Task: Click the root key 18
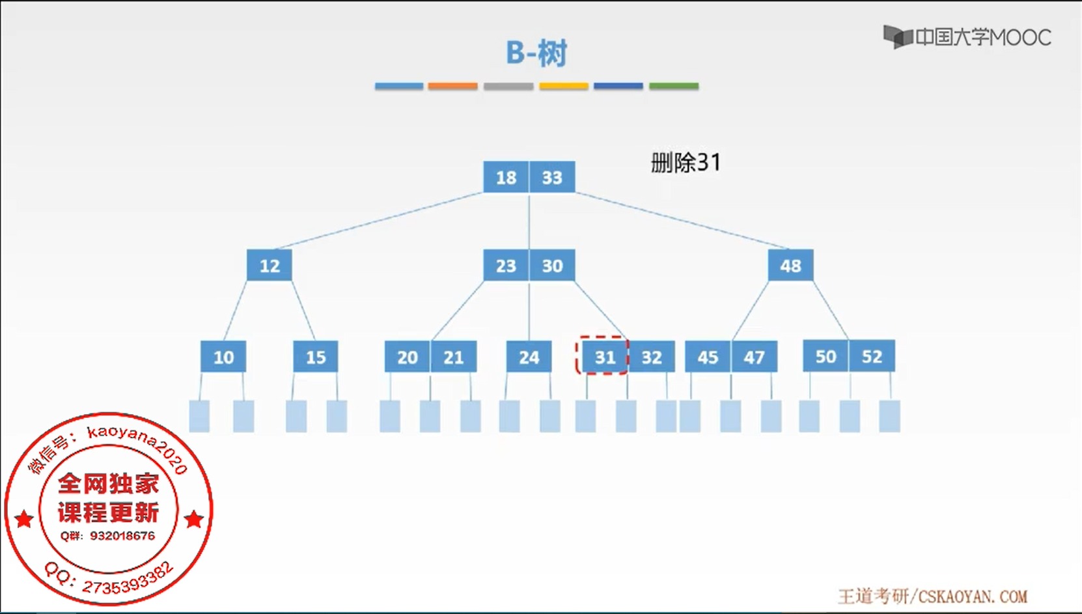point(506,177)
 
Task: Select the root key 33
point(552,177)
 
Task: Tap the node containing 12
point(270,266)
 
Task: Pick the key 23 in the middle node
point(506,266)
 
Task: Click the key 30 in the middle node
point(552,266)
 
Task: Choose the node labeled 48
point(790,266)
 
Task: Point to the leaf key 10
point(223,357)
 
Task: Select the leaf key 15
point(316,357)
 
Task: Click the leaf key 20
point(408,357)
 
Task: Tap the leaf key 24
point(529,357)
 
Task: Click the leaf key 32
point(652,357)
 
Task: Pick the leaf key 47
point(754,357)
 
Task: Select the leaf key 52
point(872,356)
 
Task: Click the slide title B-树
point(536,53)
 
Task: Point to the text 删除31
point(686,162)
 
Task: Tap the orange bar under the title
point(452,86)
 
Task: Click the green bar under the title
point(674,86)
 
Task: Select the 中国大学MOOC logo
point(967,37)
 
